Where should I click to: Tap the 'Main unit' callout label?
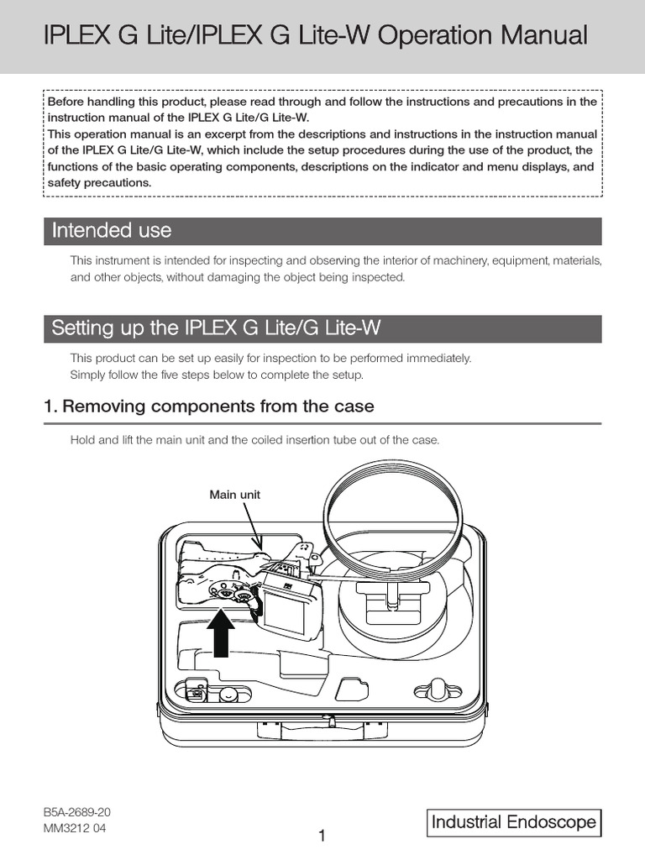[234, 495]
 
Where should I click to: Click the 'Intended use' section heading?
[111, 230]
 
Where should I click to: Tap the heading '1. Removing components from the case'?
[208, 406]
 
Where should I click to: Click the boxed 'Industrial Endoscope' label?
[514, 822]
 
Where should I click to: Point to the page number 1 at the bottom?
[322, 836]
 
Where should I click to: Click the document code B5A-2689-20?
[77, 813]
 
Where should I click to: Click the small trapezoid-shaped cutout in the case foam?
[353, 690]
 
